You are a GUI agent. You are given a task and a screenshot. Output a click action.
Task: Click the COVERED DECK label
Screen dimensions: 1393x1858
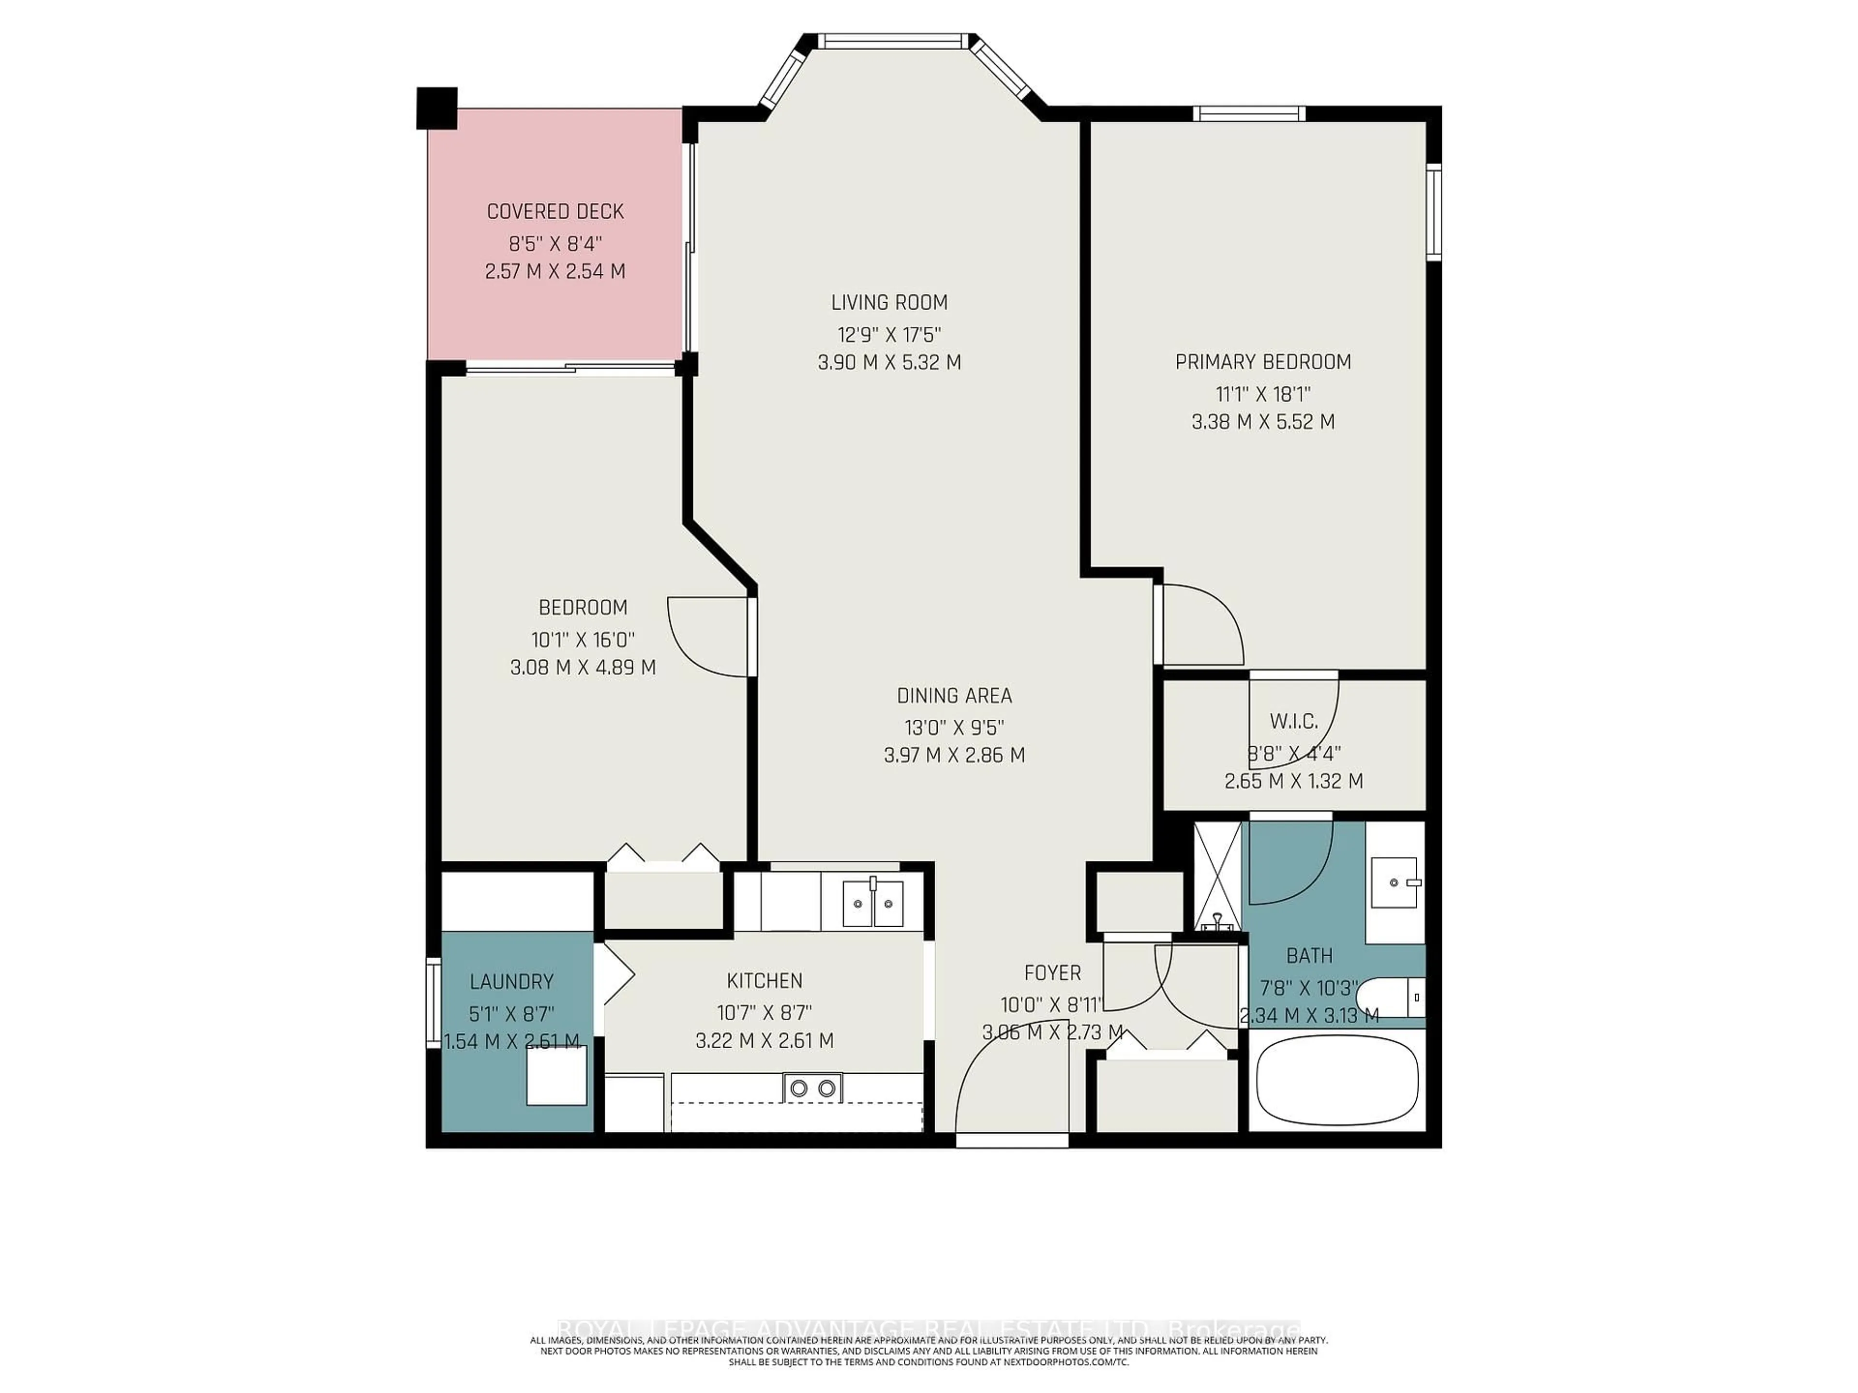(x=555, y=211)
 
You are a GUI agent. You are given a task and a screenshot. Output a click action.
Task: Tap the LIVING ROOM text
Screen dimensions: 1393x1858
(x=889, y=302)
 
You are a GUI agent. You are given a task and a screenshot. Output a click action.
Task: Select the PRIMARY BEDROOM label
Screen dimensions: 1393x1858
(x=1262, y=362)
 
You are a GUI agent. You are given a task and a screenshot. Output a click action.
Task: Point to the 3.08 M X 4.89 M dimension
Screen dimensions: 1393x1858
(x=583, y=667)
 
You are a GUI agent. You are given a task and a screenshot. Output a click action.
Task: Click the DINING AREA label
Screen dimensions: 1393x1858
(x=954, y=695)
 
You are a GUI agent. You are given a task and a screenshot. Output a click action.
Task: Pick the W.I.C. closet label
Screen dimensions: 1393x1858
(x=1293, y=720)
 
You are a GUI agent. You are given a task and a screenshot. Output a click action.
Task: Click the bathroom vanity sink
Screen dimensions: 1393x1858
(x=1393, y=883)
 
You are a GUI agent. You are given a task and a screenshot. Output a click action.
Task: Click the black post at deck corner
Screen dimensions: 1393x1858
(x=437, y=107)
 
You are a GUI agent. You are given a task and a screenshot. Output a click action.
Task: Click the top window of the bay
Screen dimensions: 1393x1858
(x=890, y=40)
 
